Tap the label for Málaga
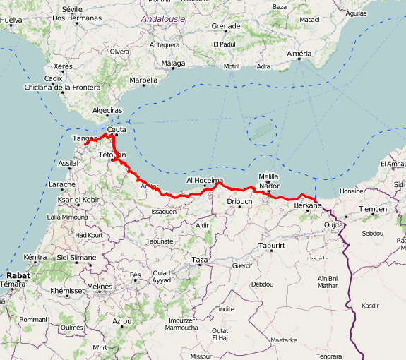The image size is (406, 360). pos(172,64)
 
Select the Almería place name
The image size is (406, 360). pos(300,54)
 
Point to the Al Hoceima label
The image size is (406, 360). pos(205,181)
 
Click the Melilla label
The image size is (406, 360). pos(269,176)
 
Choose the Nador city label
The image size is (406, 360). pos(269,186)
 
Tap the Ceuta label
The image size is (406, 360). pos(116,129)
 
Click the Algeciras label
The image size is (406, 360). pos(107,111)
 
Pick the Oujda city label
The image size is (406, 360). pos(333,225)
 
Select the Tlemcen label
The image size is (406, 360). pos(373,210)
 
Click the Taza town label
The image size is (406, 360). pos(200,260)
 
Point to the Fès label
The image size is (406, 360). pos(136,274)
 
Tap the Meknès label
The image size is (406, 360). pos(100,287)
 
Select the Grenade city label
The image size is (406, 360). pos(226,26)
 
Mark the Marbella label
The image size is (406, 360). pos(143,80)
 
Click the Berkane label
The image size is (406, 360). pos(307,205)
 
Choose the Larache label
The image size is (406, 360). pos(62,185)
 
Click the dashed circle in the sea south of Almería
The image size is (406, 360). pos(262,131)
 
